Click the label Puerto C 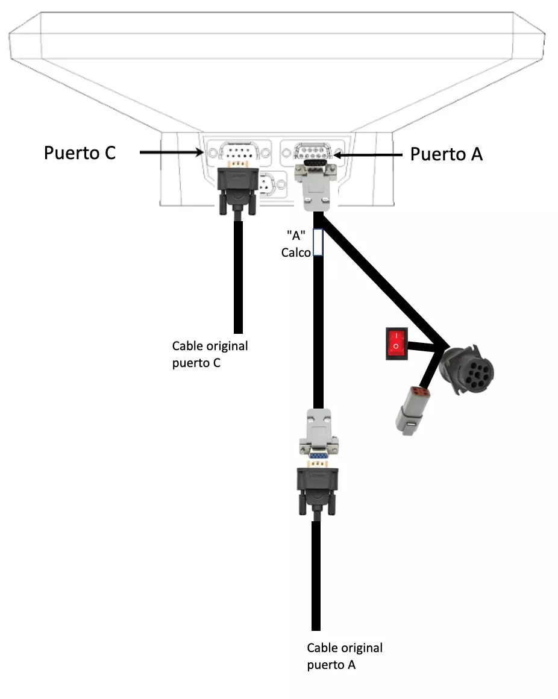pyautogui.click(x=80, y=153)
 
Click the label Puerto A pyautogui.click(x=446, y=154)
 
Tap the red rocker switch pyautogui.click(x=396, y=343)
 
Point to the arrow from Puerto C pyautogui.click(x=172, y=153)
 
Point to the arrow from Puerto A pyautogui.click(x=368, y=155)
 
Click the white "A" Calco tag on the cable pyautogui.click(x=318, y=242)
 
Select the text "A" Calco pyautogui.click(x=297, y=243)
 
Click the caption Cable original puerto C pyautogui.click(x=210, y=354)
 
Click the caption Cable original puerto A pyautogui.click(x=344, y=656)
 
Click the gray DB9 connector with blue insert pyautogui.click(x=319, y=437)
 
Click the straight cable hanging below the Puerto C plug pyautogui.click(x=238, y=277)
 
